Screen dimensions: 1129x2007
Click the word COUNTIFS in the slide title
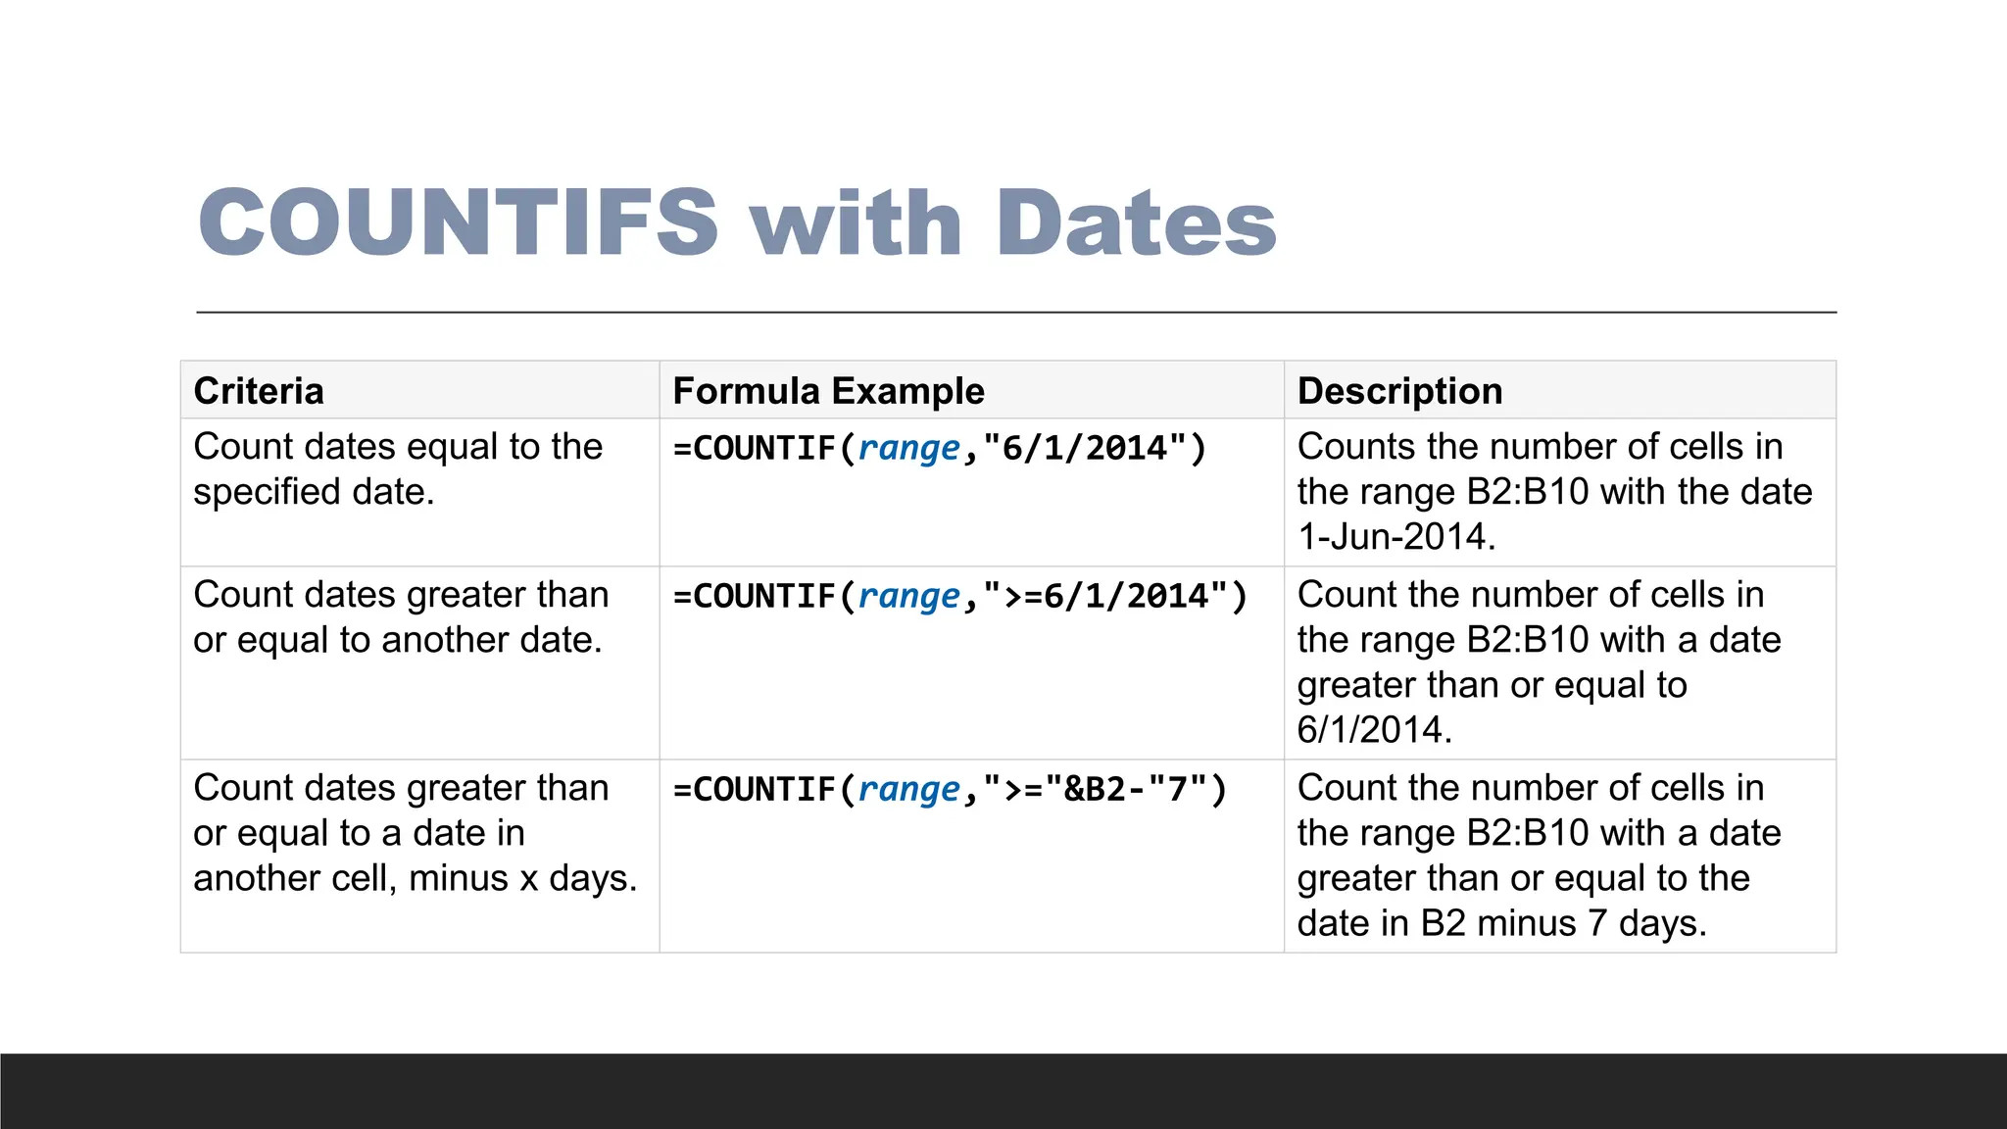(x=459, y=222)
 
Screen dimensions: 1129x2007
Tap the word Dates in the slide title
(x=1136, y=222)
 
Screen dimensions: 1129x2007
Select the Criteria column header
(x=259, y=391)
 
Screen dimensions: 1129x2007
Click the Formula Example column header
(x=828, y=391)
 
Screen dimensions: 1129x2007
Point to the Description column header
(x=1399, y=391)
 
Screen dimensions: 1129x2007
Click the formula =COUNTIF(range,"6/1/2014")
(x=940, y=449)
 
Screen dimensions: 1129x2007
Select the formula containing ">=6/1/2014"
(x=960, y=597)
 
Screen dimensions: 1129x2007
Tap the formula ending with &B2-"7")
(x=950, y=790)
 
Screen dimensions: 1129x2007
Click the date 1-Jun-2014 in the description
(x=1395, y=537)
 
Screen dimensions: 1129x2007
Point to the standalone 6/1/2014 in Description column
(x=1374, y=730)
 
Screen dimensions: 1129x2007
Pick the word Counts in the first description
(x=1356, y=447)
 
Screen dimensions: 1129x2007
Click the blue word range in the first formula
(x=908, y=449)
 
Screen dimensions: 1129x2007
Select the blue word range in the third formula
(x=908, y=790)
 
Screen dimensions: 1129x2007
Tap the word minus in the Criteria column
(x=458, y=879)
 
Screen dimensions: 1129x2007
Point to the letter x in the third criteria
(x=529, y=879)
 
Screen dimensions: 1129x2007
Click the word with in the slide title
(x=857, y=222)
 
